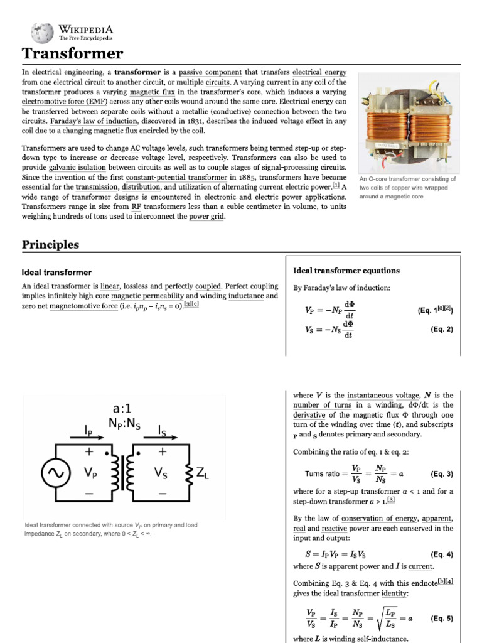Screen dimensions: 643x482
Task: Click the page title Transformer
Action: tap(73, 54)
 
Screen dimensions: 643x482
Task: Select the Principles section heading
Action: tap(51, 244)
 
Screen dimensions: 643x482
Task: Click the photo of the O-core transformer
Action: tap(407, 123)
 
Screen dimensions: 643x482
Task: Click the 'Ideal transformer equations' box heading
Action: tap(346, 271)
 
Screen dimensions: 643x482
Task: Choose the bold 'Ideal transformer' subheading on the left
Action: tap(56, 273)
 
